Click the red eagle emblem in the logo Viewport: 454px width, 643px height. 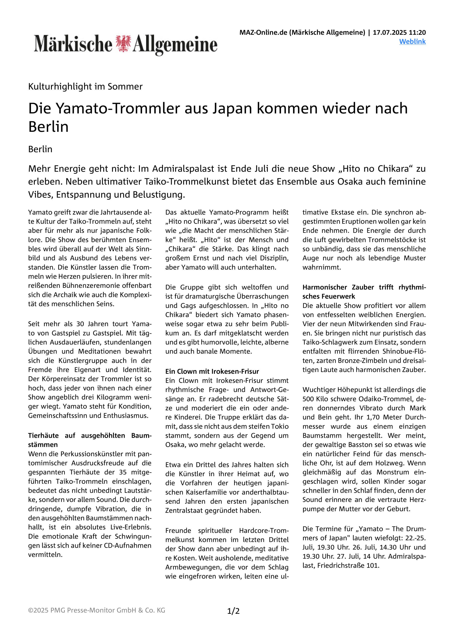point(122,44)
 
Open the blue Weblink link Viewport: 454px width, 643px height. point(412,41)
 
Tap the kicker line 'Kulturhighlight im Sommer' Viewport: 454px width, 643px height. point(85,87)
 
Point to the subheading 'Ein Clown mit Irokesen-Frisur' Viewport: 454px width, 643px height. point(212,371)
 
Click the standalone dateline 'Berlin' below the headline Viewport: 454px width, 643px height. point(40,149)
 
